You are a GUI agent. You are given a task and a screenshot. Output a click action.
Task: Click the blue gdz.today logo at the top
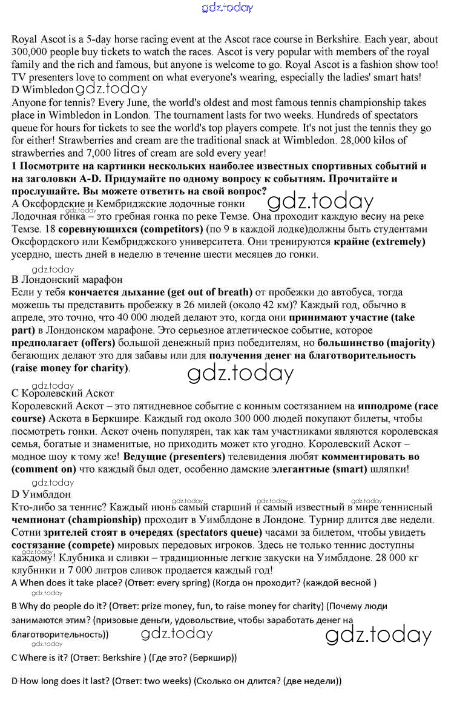pos(226,8)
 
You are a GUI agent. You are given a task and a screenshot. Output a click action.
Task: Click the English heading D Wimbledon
pos(42,90)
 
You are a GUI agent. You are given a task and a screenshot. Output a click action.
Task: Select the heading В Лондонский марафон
pos(67,280)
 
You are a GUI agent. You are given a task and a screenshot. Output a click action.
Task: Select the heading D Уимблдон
pos(41,495)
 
